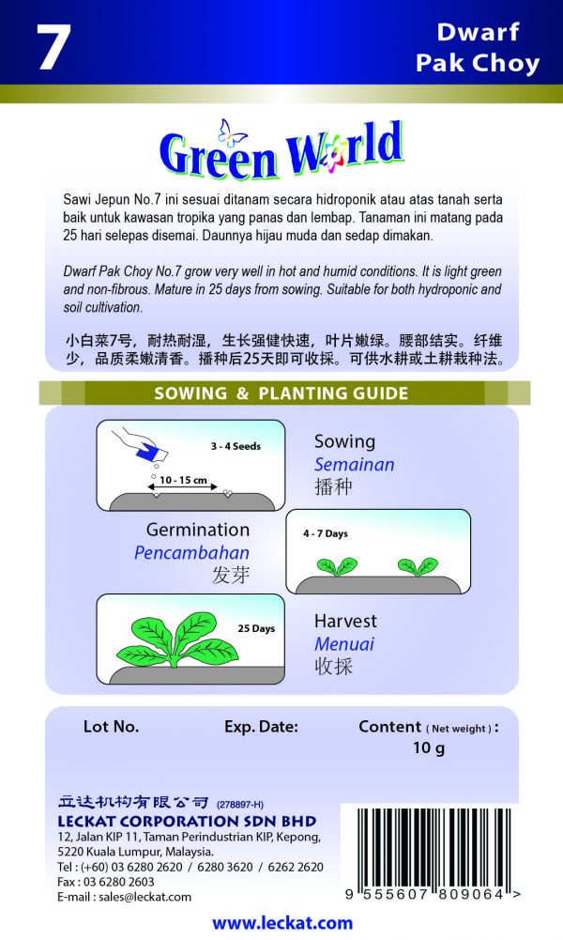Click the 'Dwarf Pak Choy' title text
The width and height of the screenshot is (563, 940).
[478, 48]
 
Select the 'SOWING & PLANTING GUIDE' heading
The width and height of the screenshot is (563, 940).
[281, 393]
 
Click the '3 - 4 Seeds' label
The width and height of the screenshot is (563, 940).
[236, 446]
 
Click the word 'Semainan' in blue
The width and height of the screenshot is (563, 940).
[354, 465]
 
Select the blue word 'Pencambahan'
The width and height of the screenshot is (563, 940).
[191, 553]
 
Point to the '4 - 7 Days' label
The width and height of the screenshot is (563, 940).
[326, 533]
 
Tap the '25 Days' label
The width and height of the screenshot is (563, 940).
[256, 628]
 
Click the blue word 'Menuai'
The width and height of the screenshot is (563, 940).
[343, 644]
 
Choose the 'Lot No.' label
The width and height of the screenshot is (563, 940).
[111, 726]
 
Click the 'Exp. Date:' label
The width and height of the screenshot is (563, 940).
[261, 726]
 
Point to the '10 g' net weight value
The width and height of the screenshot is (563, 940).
[428, 748]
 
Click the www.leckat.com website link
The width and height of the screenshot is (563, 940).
[281, 923]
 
